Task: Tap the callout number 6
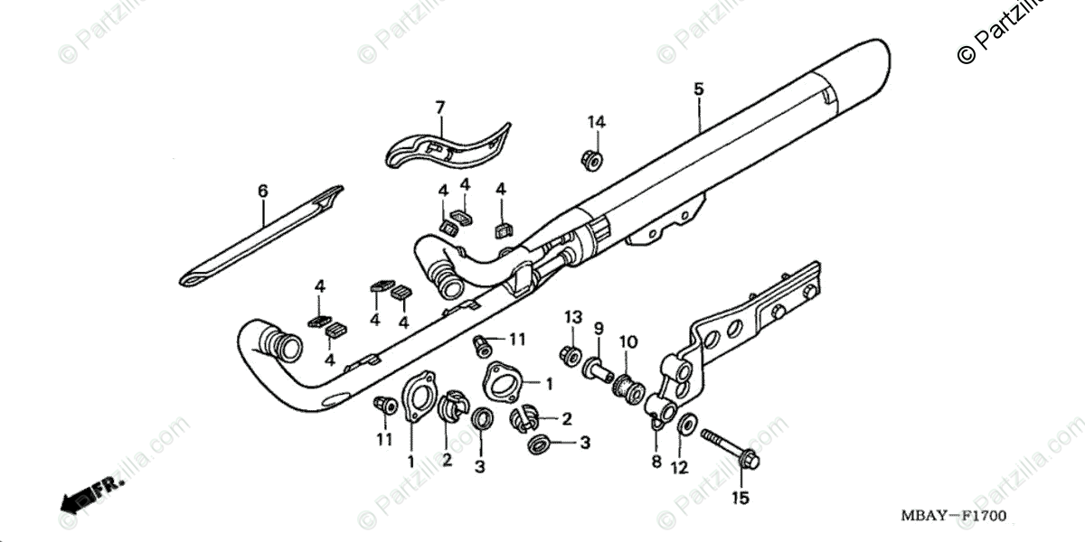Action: [x=263, y=191]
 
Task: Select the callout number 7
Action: [x=440, y=108]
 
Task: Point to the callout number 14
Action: [x=596, y=122]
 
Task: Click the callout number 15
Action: [x=741, y=497]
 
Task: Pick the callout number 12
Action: [x=680, y=467]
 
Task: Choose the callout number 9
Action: [x=598, y=327]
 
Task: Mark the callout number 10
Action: [x=628, y=341]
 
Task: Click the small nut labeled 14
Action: [x=591, y=159]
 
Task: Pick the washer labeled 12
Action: [x=686, y=422]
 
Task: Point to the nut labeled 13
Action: [x=570, y=356]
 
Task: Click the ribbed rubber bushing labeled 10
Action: [x=627, y=390]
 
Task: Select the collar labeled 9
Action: [x=599, y=368]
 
